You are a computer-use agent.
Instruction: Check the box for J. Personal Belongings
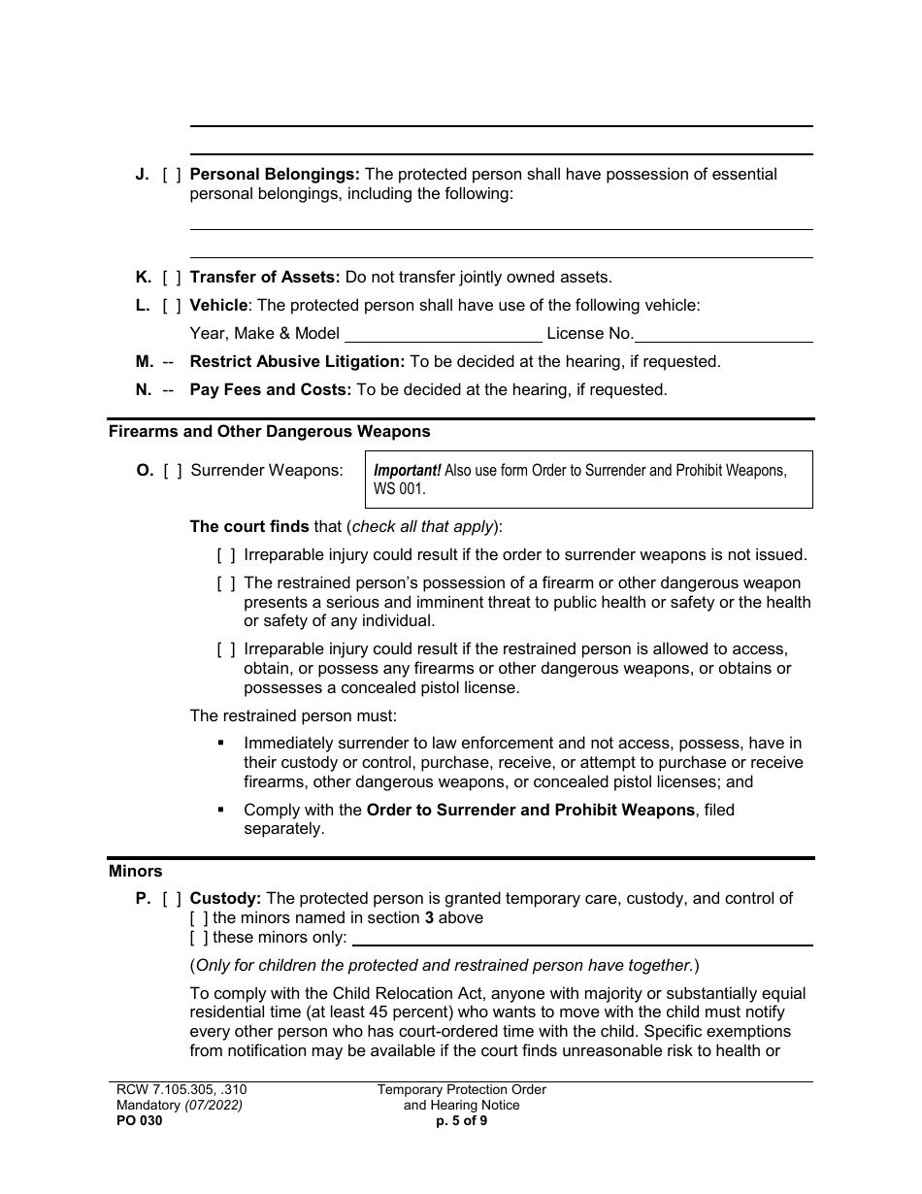point(171,175)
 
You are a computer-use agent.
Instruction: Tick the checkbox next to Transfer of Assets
point(171,278)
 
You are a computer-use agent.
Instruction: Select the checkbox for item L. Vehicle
point(171,306)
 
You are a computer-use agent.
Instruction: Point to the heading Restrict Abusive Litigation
point(297,362)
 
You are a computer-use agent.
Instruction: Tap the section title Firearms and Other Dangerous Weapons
point(269,431)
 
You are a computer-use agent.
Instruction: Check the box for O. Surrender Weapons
point(172,471)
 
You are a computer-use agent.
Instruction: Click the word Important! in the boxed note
point(407,471)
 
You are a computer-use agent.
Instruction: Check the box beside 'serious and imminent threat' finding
point(225,583)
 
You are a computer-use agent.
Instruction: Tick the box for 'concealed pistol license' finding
point(225,649)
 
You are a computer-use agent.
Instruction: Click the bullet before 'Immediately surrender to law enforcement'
point(221,743)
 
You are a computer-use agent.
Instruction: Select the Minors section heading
point(136,872)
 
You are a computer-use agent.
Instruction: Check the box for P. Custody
point(171,899)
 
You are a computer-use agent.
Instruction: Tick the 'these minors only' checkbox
point(199,938)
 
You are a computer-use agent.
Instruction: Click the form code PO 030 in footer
point(136,1120)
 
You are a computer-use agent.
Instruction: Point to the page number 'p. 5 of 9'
point(462,1120)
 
